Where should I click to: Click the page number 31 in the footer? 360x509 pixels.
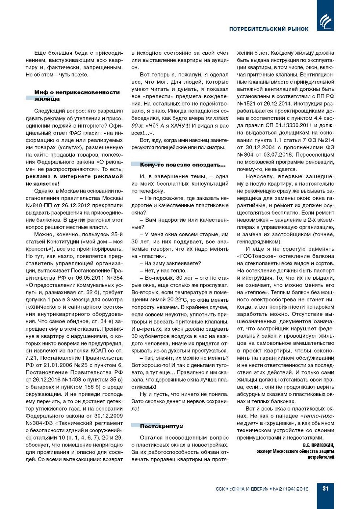click(325, 488)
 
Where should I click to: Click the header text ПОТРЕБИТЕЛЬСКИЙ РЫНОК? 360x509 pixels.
click(269, 29)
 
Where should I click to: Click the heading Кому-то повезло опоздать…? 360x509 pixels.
click(183, 165)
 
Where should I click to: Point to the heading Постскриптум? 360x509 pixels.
click(162, 426)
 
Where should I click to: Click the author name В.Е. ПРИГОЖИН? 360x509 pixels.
click(318, 445)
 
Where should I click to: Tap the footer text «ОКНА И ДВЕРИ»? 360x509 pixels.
click(249, 489)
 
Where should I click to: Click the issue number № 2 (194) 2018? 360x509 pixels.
click(291, 489)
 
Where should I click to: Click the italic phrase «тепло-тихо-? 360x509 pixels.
click(317, 416)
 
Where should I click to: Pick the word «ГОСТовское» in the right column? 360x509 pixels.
click(256, 256)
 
